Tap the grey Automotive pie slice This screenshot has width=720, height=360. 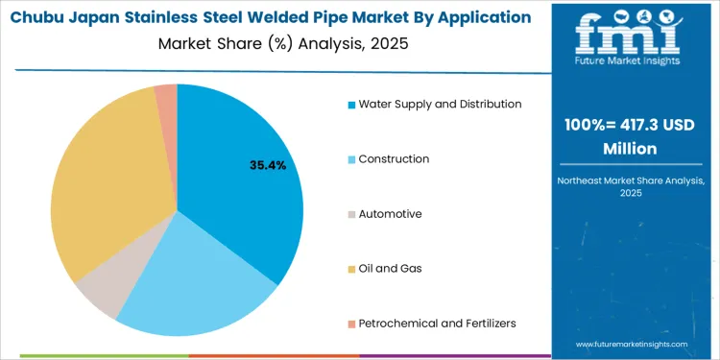click(x=101, y=293)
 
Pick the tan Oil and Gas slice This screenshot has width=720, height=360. click(x=101, y=192)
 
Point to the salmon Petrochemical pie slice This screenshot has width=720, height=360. click(x=166, y=93)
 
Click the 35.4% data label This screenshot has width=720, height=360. click(x=268, y=166)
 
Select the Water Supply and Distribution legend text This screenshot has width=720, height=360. click(x=440, y=104)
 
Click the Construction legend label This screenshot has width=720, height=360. click(x=394, y=158)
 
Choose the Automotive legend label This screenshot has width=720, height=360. click(x=390, y=214)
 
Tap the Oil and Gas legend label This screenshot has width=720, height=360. click(x=390, y=269)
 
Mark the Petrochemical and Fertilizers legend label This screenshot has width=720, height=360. click(x=437, y=324)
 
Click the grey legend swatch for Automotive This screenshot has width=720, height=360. click(x=351, y=214)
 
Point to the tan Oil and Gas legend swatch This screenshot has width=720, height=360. click(x=351, y=269)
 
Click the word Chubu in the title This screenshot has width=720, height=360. click(x=39, y=17)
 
